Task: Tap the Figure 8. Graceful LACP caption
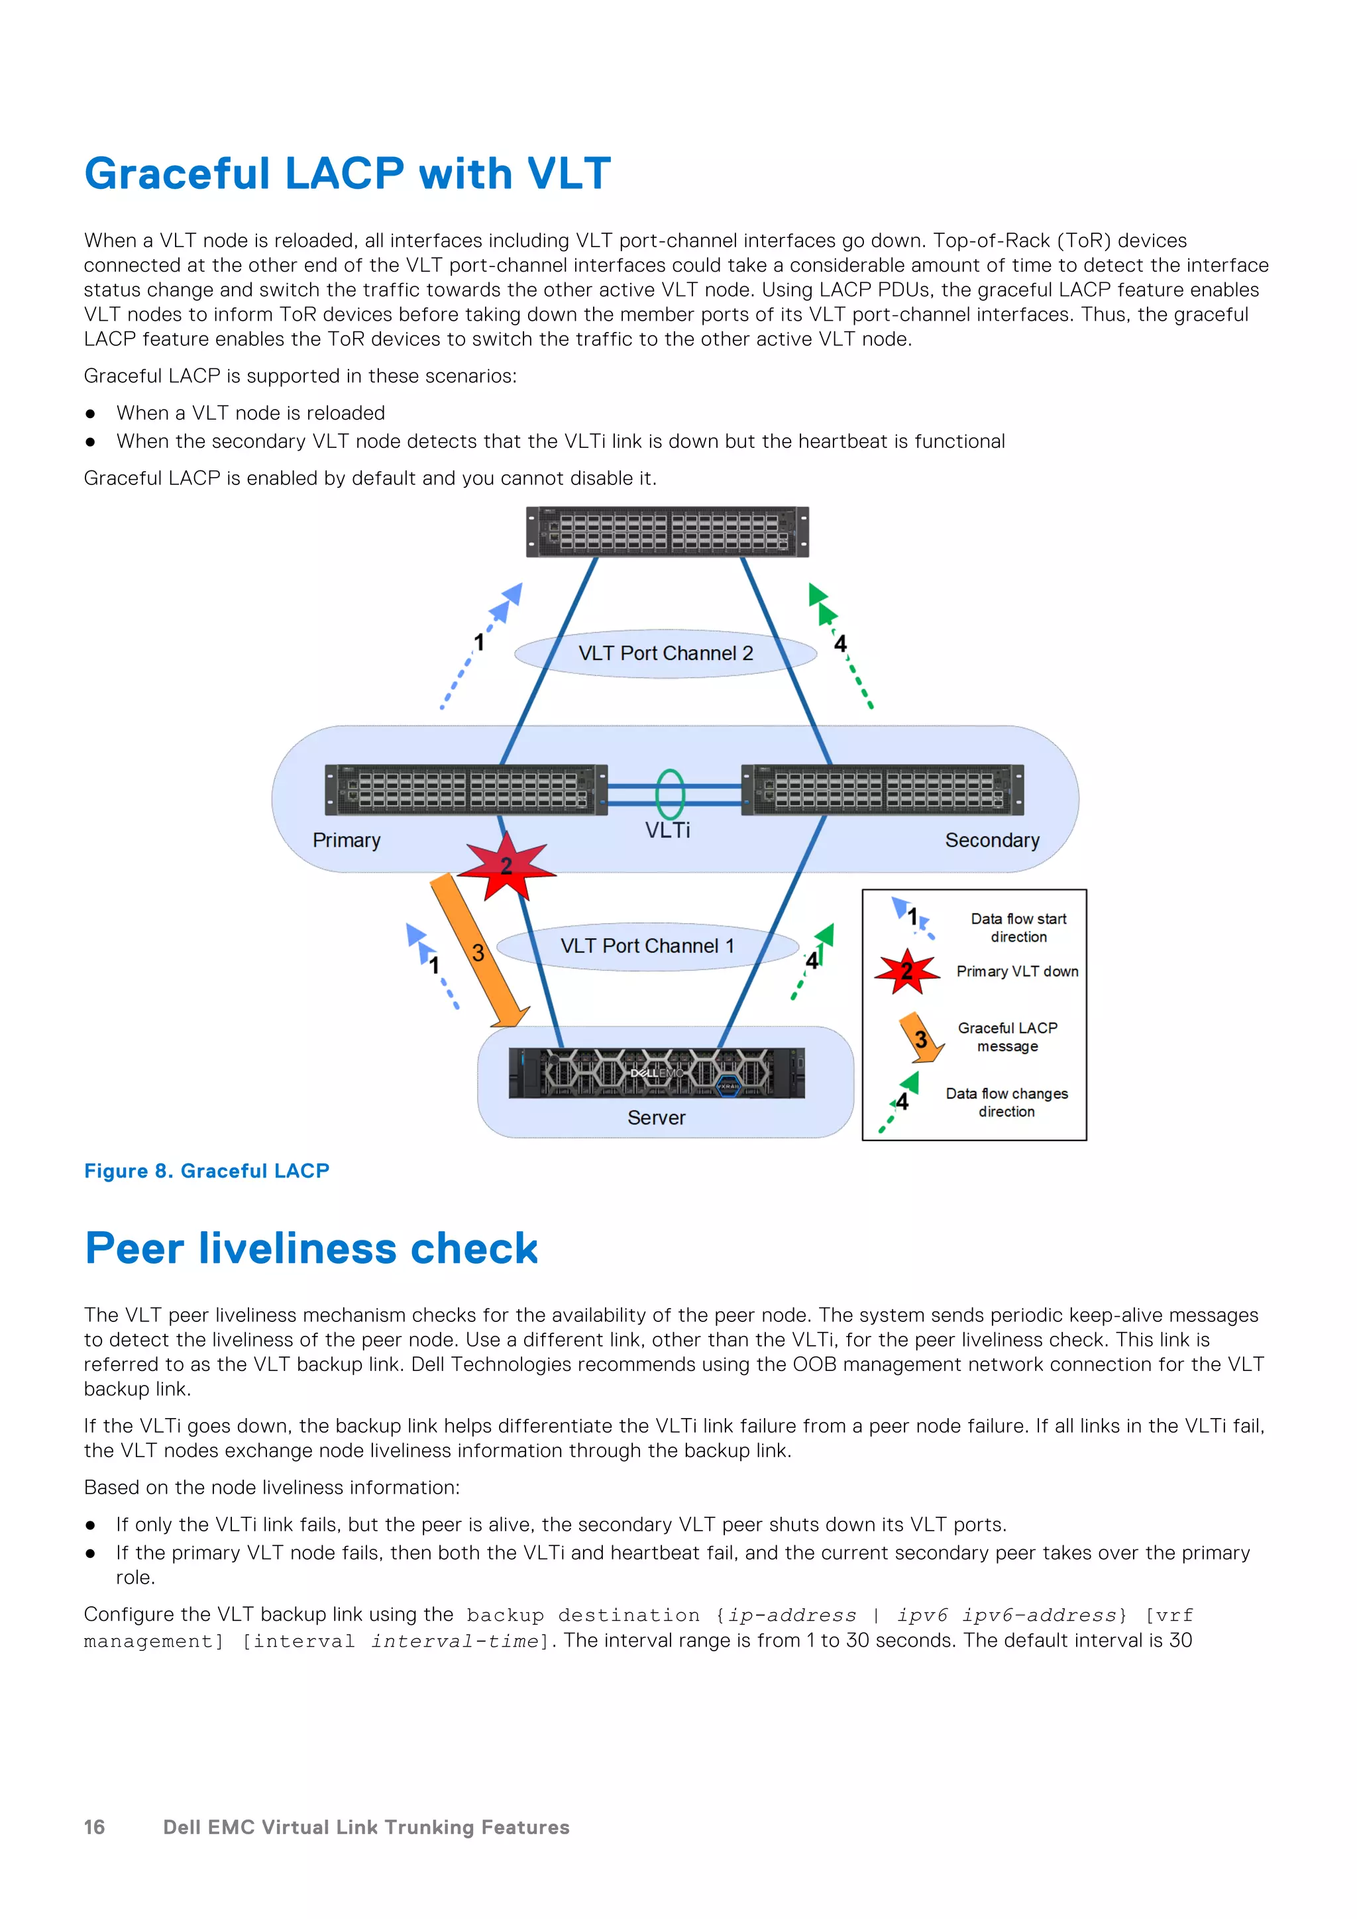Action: [206, 1171]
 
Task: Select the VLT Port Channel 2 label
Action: [665, 653]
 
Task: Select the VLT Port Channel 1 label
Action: [647, 946]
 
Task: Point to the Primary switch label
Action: [346, 840]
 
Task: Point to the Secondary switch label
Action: [992, 840]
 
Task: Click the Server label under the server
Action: [656, 1119]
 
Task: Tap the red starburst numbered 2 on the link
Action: [506, 867]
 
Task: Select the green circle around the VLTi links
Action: [669, 793]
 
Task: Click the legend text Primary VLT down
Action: [1017, 971]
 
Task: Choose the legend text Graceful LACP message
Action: [1007, 1037]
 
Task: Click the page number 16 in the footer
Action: [95, 1828]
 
